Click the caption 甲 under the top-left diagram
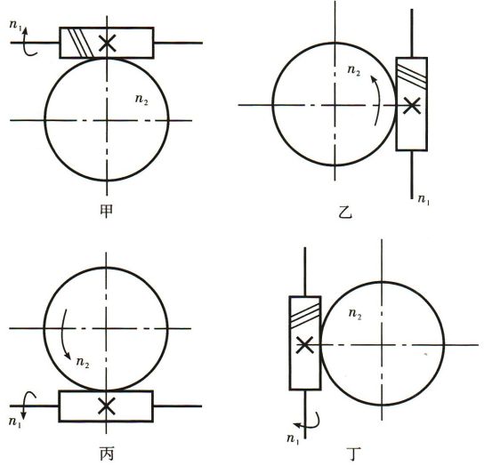tap(107, 211)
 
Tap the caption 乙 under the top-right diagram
tap(345, 212)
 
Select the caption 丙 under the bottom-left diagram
tap(107, 454)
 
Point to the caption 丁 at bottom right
tap(355, 454)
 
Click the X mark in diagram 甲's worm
tap(108, 43)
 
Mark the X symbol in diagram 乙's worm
tap(412, 106)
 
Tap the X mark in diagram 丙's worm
tap(107, 406)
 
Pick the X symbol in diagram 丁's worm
tap(305, 345)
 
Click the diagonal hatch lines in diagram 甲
tap(81, 43)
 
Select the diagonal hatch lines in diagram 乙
tap(412, 76)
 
